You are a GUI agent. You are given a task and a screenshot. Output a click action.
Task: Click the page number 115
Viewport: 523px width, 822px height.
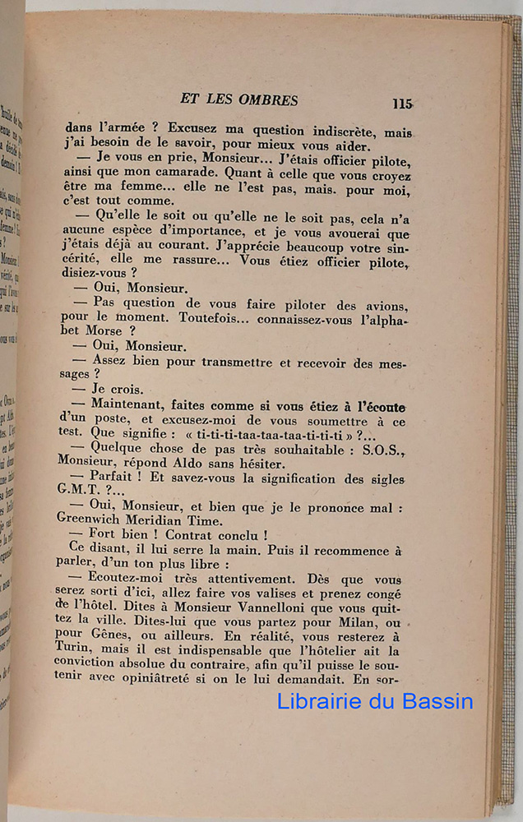(x=401, y=104)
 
